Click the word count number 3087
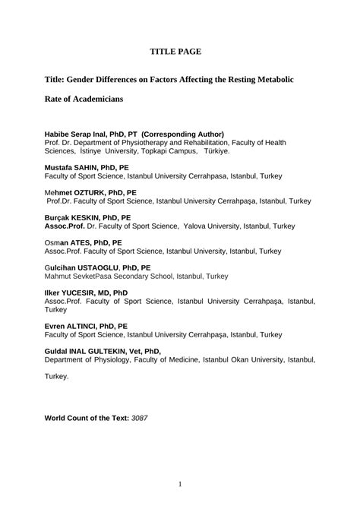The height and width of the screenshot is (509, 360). tap(139, 418)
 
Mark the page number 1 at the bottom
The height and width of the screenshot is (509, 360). tap(180, 484)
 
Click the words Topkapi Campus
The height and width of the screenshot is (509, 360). tap(163, 151)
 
